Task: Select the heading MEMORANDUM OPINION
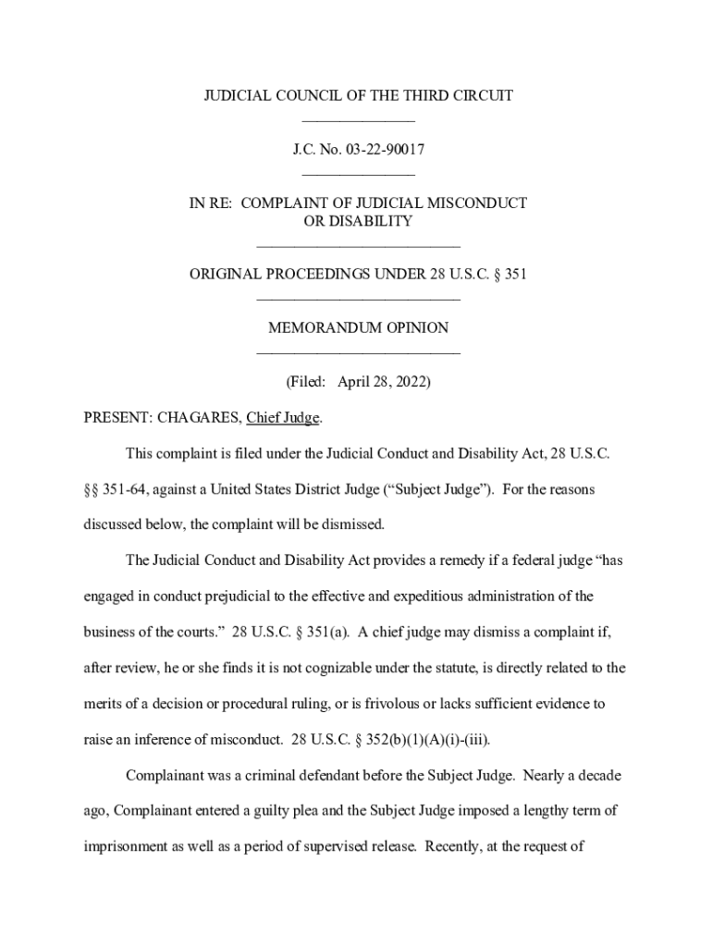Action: pos(358,327)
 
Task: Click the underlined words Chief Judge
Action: pos(283,418)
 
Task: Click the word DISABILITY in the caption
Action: pos(373,221)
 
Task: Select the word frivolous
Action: pos(418,704)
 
